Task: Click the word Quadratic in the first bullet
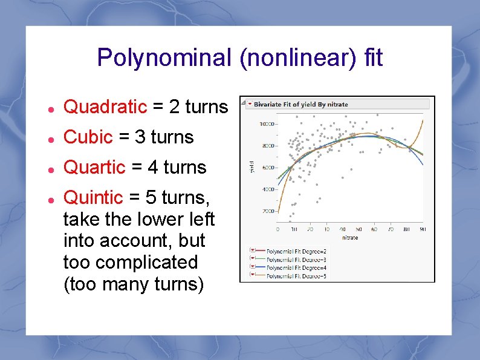click(105, 107)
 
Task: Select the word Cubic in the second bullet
click(88, 137)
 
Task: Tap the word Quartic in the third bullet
click(94, 168)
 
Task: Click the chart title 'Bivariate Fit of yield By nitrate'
click(300, 104)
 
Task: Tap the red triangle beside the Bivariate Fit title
click(249, 104)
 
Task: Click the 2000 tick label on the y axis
click(267, 211)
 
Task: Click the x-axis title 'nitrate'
click(350, 238)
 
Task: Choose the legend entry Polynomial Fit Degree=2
click(296, 251)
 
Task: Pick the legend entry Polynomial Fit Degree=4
click(296, 267)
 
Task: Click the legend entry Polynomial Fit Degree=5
click(296, 276)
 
